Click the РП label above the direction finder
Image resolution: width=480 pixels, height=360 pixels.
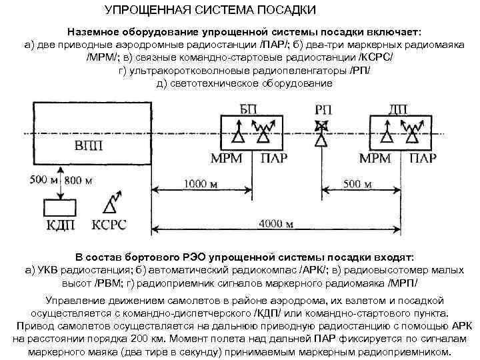coord(323,109)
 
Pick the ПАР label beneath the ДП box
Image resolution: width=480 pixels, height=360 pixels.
coord(423,159)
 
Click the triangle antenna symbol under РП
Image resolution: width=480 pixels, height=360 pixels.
coord(322,140)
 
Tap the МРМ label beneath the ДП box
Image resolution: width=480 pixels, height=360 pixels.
coord(375,159)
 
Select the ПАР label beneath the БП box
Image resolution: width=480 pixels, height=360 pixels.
coord(275,159)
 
